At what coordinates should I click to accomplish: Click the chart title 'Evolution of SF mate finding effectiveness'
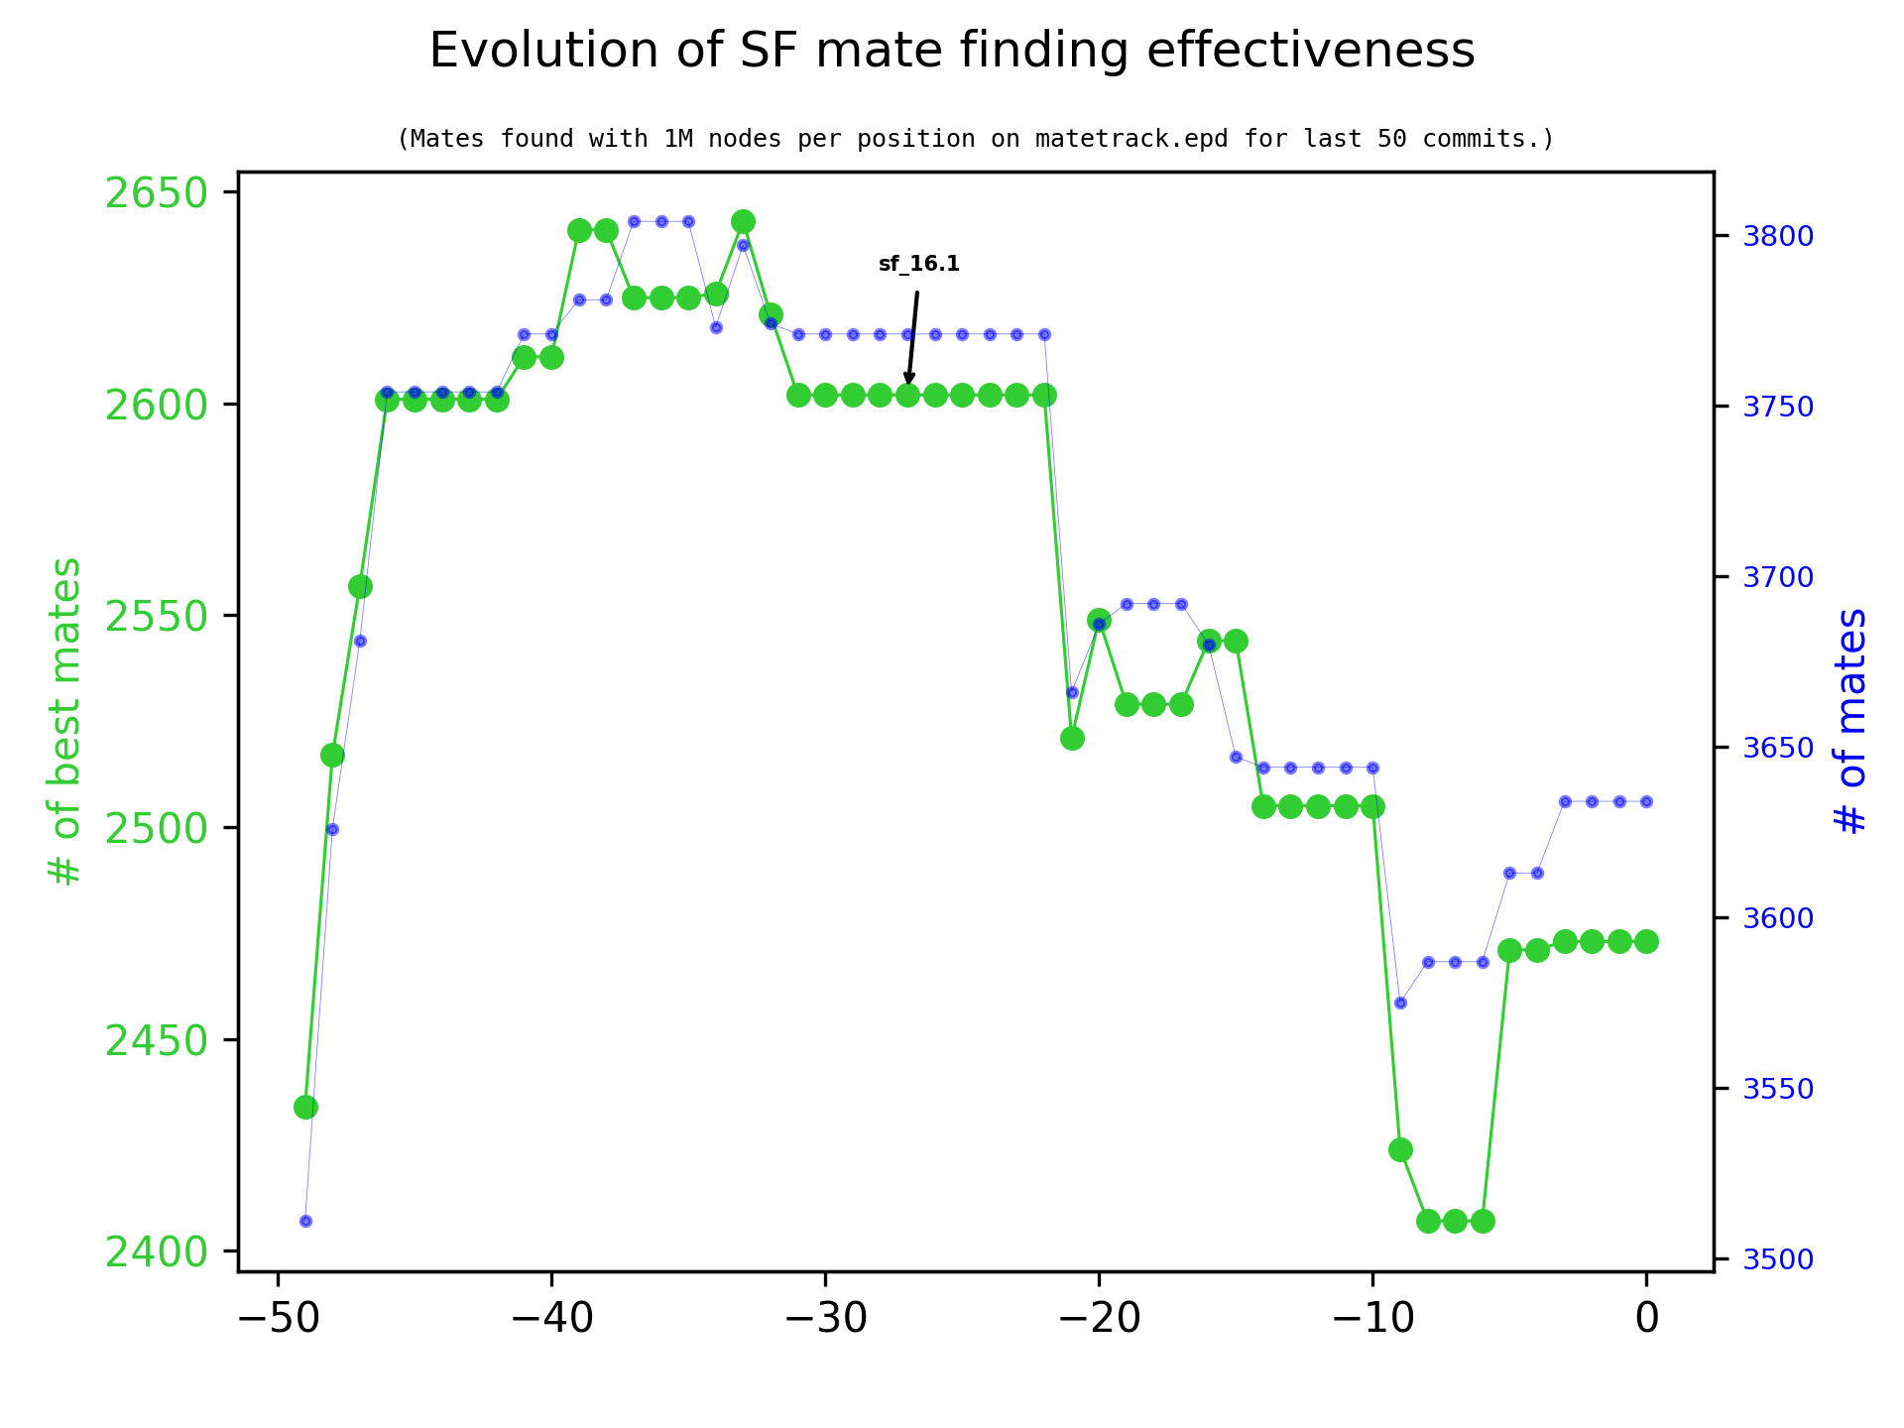point(951,51)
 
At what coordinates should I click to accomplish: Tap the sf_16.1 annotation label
point(918,265)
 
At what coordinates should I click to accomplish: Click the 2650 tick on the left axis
point(156,192)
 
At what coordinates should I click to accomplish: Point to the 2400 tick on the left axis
point(156,1251)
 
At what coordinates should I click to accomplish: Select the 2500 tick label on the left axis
point(156,828)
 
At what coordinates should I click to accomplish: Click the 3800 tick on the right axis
point(1778,236)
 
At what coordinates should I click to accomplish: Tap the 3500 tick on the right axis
point(1778,1260)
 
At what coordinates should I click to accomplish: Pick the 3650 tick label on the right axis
point(1778,748)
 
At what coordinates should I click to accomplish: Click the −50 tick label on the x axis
point(277,1319)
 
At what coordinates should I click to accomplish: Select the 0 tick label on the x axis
point(1646,1319)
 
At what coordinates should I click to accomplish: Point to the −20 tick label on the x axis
point(1098,1319)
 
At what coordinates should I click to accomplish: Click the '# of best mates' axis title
point(65,721)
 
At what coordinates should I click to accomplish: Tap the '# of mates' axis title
point(1849,721)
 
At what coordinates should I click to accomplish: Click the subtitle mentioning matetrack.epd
point(975,139)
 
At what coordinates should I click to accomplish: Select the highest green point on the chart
point(743,221)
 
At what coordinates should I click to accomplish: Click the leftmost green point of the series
point(305,1107)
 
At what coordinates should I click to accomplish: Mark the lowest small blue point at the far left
point(305,1221)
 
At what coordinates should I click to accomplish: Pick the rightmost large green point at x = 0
point(1646,941)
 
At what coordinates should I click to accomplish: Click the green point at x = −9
point(1400,1149)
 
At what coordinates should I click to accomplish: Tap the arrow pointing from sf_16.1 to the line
point(912,337)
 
